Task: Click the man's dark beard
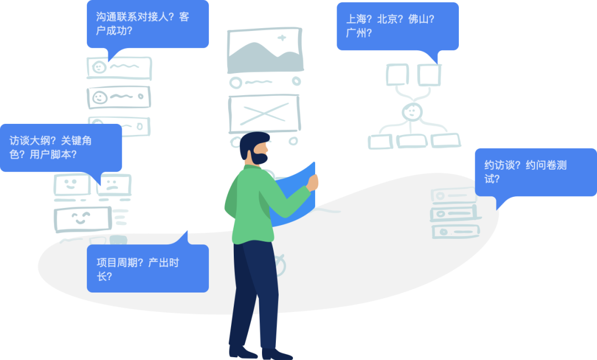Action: (259, 158)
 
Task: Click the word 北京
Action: (389, 19)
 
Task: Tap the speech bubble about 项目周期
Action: (148, 268)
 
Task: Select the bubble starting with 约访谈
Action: (535, 172)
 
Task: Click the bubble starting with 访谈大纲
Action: (60, 148)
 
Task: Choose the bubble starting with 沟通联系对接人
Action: (148, 24)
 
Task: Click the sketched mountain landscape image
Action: (265, 50)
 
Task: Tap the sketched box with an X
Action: (264, 113)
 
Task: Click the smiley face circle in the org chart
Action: (411, 112)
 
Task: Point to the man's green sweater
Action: (252, 205)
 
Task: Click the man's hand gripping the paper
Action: (313, 182)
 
